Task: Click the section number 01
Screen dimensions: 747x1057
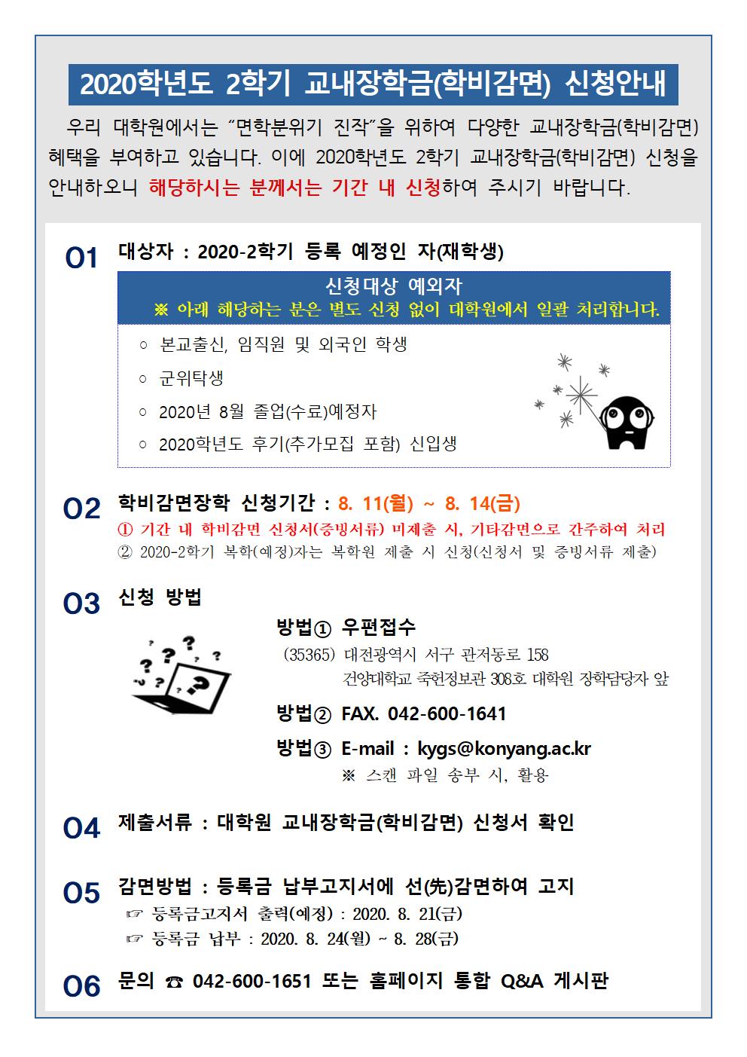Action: tap(81, 258)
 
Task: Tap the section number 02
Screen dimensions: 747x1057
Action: tap(81, 509)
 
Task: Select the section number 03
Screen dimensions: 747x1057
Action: tap(81, 603)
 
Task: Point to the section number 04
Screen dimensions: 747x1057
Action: tap(81, 828)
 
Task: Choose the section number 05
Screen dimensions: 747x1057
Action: tap(81, 893)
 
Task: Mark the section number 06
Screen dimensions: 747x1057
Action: tap(81, 986)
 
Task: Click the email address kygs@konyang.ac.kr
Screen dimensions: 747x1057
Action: tap(504, 749)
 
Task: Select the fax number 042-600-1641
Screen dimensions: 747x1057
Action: tap(447, 714)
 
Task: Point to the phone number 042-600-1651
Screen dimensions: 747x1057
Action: tap(252, 982)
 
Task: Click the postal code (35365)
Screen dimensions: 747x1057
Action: tap(309, 655)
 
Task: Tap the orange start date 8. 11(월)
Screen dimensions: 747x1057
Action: tap(376, 504)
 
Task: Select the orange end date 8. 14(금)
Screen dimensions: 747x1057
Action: tap(483, 504)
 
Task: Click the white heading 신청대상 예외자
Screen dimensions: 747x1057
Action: tap(394, 286)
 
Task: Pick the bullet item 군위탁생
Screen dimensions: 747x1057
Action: tap(191, 378)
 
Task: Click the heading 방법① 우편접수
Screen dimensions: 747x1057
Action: tap(346, 627)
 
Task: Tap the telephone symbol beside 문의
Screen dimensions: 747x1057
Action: tap(174, 982)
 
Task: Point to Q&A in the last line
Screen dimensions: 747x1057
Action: tap(522, 982)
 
